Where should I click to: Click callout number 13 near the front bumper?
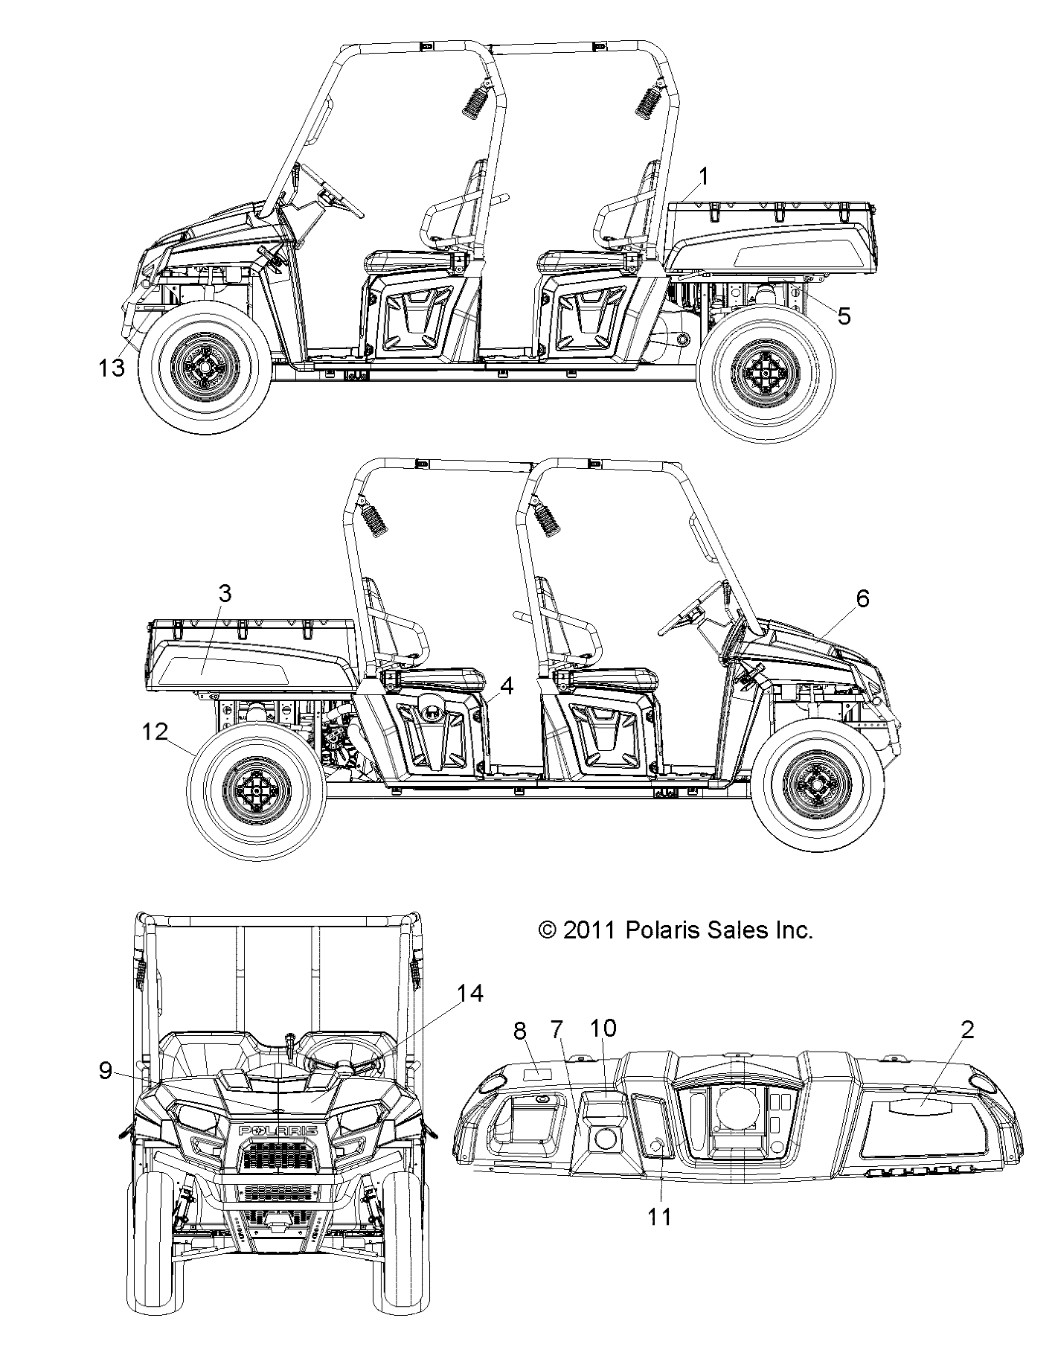coord(112,368)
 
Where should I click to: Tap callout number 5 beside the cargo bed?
coord(844,316)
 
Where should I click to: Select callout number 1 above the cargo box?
coord(704,176)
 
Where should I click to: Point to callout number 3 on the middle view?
coord(225,593)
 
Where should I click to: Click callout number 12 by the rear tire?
coord(155,732)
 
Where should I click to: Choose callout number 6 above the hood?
coord(862,598)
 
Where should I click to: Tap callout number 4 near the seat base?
coord(507,685)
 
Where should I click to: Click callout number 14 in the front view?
coord(470,994)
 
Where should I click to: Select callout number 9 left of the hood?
coord(106,1070)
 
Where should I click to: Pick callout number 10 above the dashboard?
coord(603,1028)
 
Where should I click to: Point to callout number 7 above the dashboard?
coord(557,1030)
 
